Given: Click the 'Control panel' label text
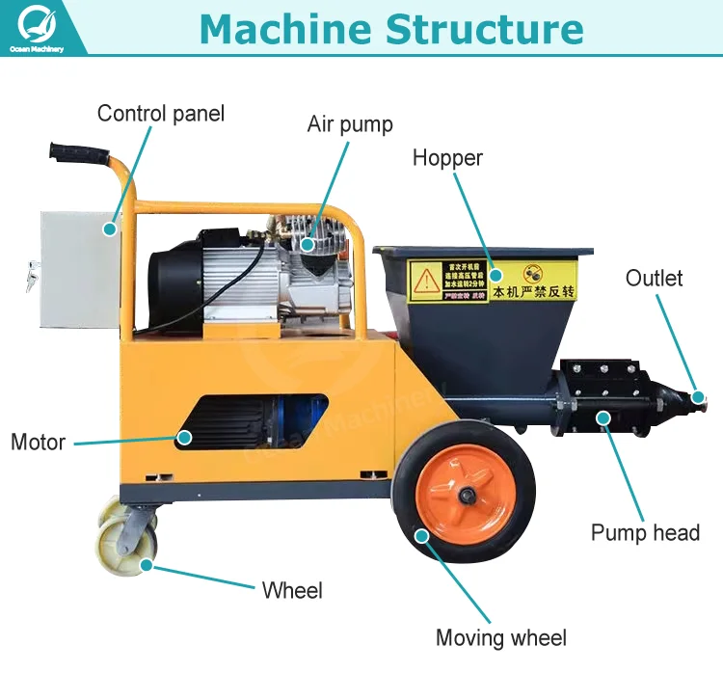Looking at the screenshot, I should pos(160,114).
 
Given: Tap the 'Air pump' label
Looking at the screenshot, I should pos(350,124).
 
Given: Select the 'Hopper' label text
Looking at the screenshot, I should pos(447,158).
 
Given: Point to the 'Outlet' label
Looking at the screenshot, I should pos(654,279).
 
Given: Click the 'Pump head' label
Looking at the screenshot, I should pos(645,532).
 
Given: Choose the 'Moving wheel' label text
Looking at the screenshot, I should pos(501,637).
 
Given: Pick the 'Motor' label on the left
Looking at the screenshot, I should pos(38,443).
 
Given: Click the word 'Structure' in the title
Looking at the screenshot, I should pos(486,29).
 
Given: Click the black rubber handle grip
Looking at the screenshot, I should pos(73,154).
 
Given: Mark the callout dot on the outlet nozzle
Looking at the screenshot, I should pos(697,396).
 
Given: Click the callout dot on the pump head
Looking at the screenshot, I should pos(604,417).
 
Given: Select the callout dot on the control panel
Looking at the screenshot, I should pos(111,229).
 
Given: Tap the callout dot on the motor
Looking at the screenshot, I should pos(183,437).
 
